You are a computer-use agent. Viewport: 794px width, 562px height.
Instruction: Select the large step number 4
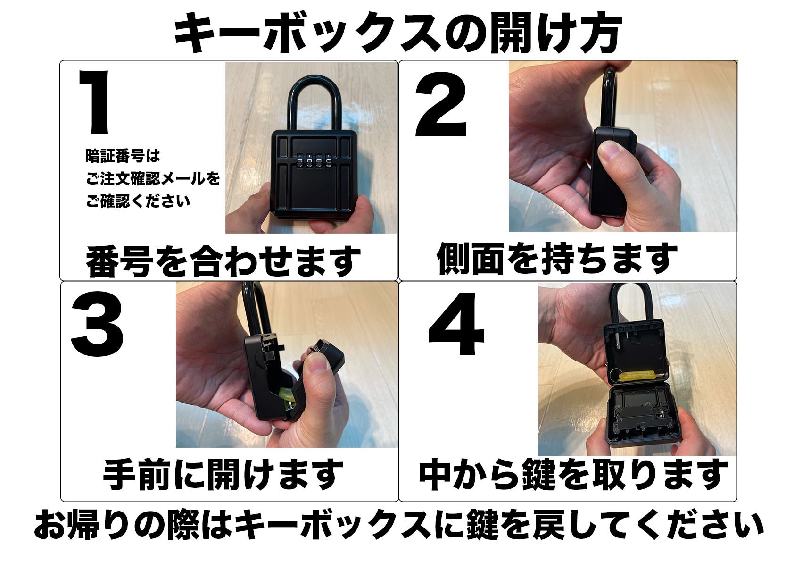tap(456, 325)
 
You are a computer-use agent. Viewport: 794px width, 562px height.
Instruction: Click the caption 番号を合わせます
tap(223, 261)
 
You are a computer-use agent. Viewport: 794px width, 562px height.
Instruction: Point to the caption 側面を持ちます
tap(557, 259)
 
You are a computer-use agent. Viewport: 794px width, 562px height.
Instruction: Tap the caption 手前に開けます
tap(223, 474)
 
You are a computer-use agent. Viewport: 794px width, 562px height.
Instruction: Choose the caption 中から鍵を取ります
tap(573, 474)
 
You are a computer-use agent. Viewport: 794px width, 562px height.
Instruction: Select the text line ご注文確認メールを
tap(153, 179)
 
